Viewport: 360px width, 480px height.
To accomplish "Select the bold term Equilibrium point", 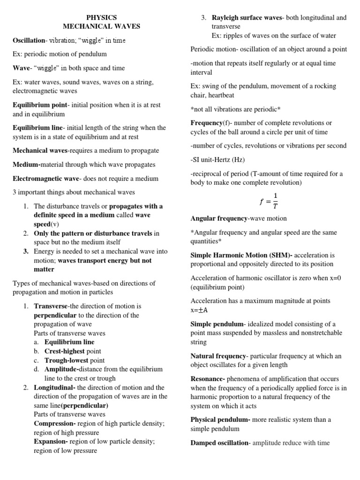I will pos(40,105).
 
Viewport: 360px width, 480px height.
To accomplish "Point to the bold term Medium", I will pos(26,165).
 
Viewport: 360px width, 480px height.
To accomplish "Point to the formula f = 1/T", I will pos(268,200).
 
